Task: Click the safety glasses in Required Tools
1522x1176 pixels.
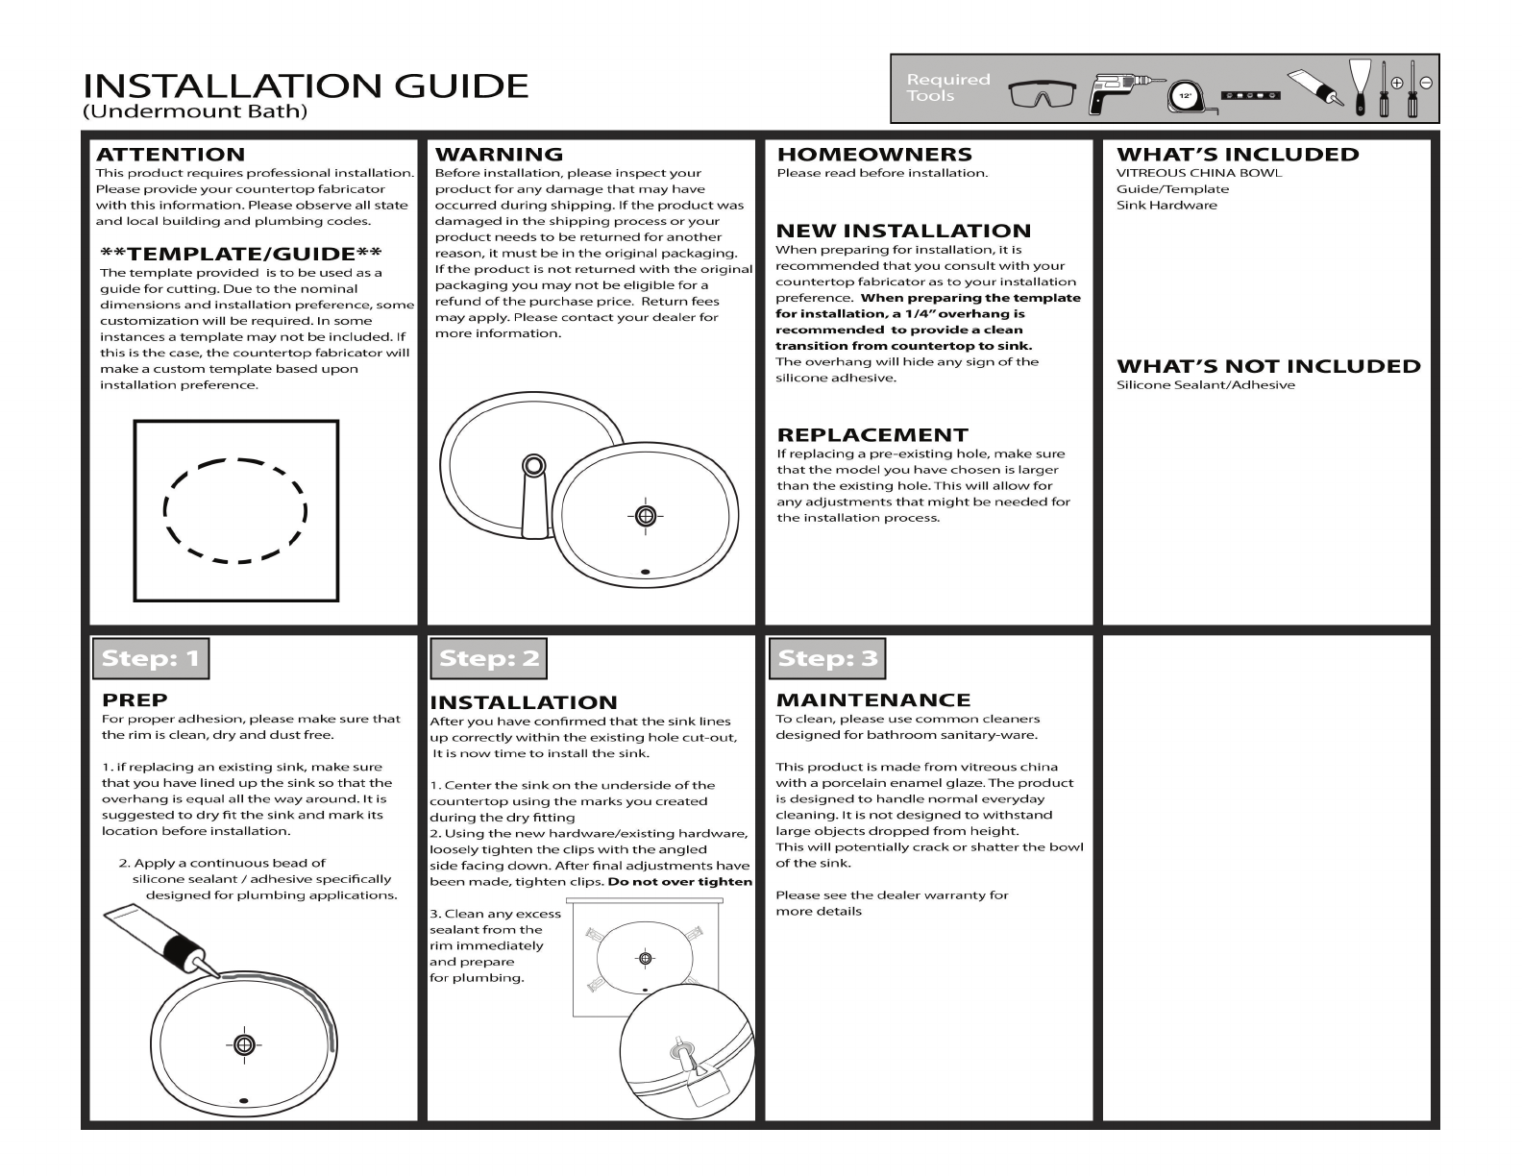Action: [1043, 94]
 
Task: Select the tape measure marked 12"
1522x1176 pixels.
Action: [1185, 96]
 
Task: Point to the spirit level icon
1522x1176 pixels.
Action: [1251, 95]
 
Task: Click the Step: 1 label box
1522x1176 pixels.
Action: [151, 658]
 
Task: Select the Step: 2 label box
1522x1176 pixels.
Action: [488, 658]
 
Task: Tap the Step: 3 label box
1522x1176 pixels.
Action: [827, 658]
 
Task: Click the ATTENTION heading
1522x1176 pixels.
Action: [170, 155]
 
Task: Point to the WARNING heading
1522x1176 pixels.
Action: [499, 155]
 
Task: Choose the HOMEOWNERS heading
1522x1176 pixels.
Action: [874, 155]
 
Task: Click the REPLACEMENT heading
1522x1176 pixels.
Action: [872, 435]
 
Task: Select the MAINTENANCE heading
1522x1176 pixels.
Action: [873, 700]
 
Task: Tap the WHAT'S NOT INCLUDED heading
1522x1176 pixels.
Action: [1268, 366]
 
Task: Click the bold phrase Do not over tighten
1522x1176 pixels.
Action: [679, 882]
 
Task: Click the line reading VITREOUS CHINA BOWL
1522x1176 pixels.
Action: [1198, 173]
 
